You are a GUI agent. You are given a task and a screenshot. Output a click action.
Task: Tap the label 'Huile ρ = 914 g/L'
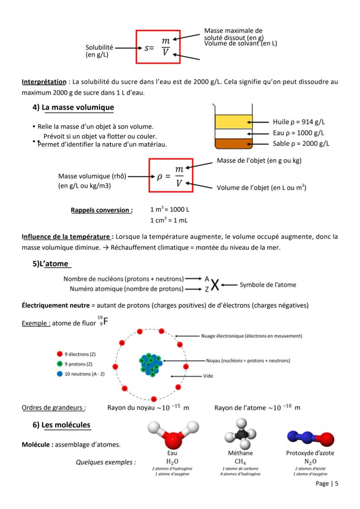point(300,122)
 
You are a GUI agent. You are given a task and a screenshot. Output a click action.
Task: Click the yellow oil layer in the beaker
point(233,122)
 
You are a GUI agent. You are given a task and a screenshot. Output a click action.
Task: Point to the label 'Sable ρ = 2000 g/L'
point(301,144)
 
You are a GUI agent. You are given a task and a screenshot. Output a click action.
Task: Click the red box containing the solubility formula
point(158,47)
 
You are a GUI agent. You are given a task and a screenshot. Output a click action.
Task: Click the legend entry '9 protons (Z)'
point(78,364)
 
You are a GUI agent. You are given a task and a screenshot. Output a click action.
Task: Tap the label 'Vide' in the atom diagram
point(208,376)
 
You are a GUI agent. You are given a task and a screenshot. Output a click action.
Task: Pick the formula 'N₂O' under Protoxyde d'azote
point(310,461)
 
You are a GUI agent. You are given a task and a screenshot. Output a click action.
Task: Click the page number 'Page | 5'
point(327,484)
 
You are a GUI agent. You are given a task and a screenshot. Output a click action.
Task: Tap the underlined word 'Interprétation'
point(44,82)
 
